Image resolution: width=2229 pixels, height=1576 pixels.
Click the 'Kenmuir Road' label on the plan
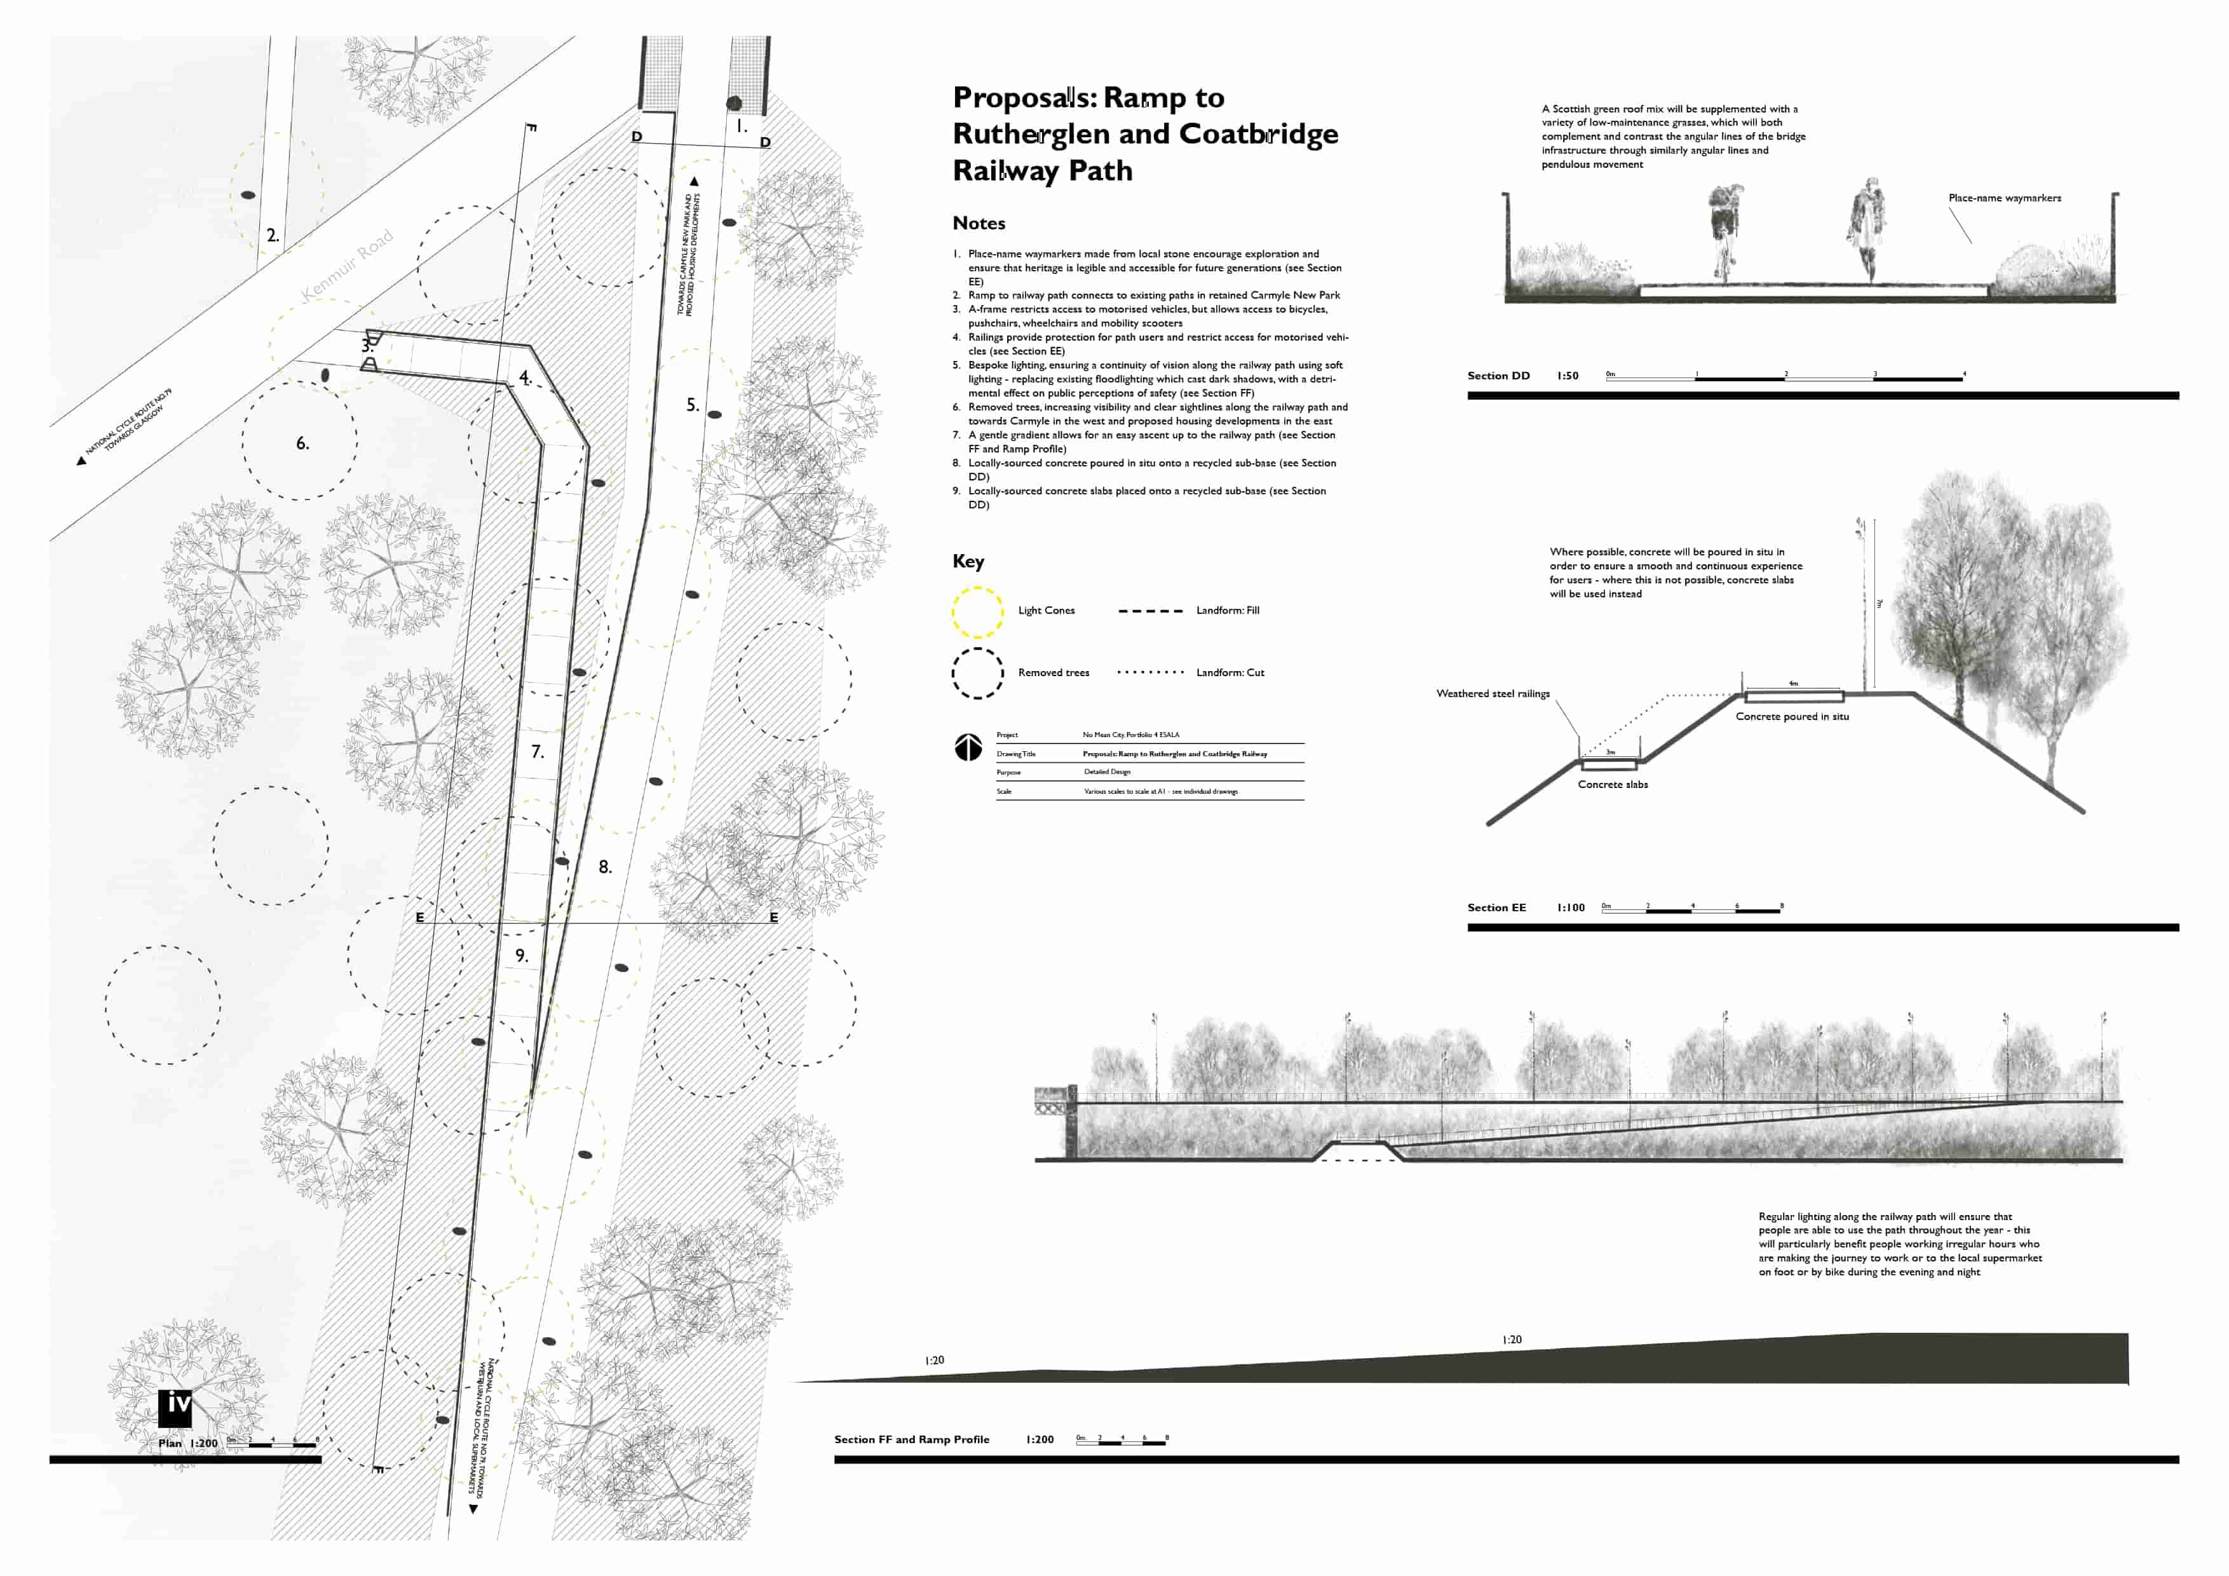[x=348, y=264]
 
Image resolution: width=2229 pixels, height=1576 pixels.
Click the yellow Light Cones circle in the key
[x=977, y=612]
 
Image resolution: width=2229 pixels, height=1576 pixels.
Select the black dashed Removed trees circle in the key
[x=977, y=674]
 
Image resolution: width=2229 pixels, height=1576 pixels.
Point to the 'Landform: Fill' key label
[x=1227, y=611]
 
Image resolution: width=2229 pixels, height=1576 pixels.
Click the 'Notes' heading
[x=979, y=223]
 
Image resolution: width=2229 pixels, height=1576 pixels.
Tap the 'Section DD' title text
[x=1498, y=376]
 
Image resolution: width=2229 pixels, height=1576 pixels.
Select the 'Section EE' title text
[x=1496, y=908]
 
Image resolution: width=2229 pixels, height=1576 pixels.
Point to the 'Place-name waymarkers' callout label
[x=2005, y=198]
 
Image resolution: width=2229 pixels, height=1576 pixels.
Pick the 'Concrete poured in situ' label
[x=1792, y=717]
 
